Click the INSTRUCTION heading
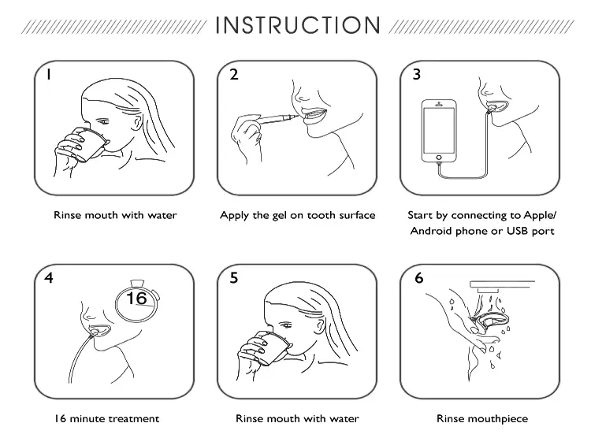point(298,25)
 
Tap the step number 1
point(48,75)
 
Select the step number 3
point(417,74)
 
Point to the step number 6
point(419,278)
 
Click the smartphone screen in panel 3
point(439,130)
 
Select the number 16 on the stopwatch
point(136,298)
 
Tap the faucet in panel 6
point(501,286)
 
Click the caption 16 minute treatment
point(106,419)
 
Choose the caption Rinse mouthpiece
point(482,419)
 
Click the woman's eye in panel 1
point(103,121)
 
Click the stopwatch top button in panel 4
point(137,283)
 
